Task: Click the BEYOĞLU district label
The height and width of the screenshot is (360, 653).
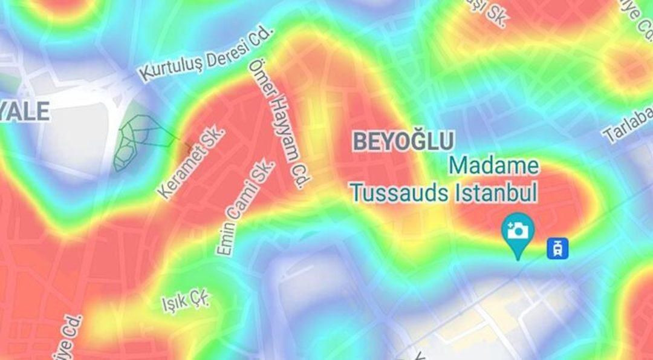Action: [x=403, y=142]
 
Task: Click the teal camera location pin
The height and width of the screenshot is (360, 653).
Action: [x=518, y=232]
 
